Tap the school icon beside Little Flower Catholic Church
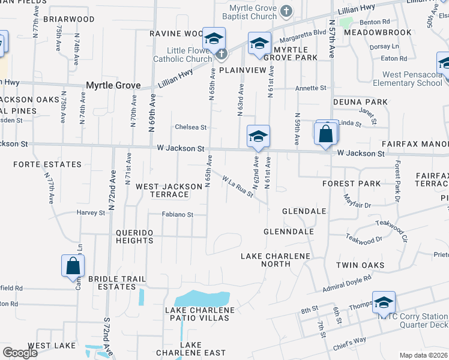pyautogui.click(x=213, y=40)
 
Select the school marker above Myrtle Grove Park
pyautogui.click(x=259, y=44)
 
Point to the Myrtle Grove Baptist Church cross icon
pyautogui.click(x=286, y=11)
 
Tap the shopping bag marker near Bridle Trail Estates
pyautogui.click(x=73, y=265)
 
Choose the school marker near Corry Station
pyautogui.click(x=384, y=304)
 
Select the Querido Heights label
pyautogui.click(x=126, y=236)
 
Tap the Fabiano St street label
pyautogui.click(x=177, y=214)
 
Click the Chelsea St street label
pyautogui.click(x=190, y=127)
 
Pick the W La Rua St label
pyautogui.click(x=237, y=186)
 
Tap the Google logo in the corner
pyautogui.click(x=20, y=352)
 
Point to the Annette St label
pyautogui.click(x=310, y=88)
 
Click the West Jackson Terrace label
pyautogui.click(x=169, y=190)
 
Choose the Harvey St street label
pyautogui.click(x=91, y=212)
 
